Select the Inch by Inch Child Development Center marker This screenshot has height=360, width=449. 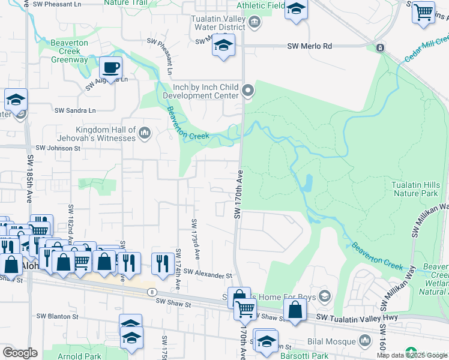(249, 91)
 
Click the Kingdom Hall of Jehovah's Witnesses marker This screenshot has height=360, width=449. (144, 133)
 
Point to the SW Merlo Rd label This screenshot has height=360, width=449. (309, 46)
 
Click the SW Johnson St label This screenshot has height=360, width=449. (58, 148)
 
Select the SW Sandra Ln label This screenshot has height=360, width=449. (75, 110)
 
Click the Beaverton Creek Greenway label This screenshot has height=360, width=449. (69, 52)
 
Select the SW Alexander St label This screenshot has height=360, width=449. (208, 273)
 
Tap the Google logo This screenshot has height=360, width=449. (20, 353)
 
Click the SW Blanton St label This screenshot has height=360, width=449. (58, 316)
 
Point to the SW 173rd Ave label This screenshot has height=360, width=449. (195, 239)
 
